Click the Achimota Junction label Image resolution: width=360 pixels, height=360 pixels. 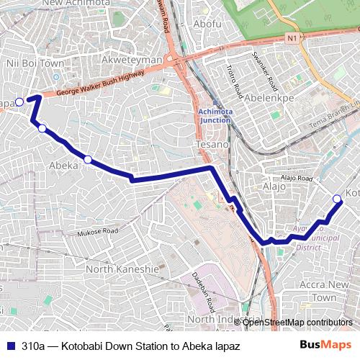click(215, 115)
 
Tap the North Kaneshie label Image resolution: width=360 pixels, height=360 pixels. click(122, 269)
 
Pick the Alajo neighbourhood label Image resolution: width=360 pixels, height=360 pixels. click(274, 186)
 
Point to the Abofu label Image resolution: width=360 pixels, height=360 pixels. click(207, 24)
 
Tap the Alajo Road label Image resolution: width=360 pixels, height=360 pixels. click(297, 178)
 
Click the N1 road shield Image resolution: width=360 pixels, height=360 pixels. click(291, 37)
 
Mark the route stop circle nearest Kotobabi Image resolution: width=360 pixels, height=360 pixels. click(337, 199)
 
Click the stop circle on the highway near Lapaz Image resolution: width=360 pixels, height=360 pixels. click(19, 102)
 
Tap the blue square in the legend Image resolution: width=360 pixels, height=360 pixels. click(10, 345)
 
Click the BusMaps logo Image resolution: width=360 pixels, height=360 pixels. click(326, 345)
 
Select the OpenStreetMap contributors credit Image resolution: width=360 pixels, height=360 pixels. click(297, 322)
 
